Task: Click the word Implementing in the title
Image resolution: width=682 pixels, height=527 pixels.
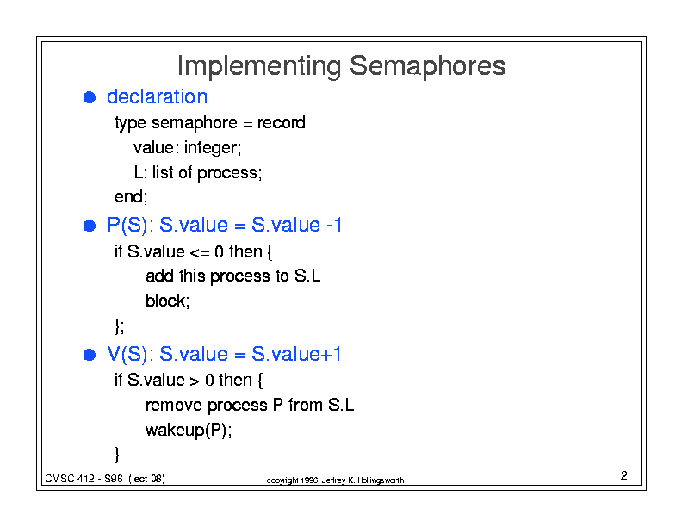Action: point(259,66)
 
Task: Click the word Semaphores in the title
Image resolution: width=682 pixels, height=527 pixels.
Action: point(428,65)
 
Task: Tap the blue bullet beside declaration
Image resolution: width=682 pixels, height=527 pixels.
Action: point(90,97)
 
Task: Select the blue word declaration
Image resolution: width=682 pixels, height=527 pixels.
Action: point(157,96)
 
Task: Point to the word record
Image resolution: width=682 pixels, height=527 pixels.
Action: point(282,122)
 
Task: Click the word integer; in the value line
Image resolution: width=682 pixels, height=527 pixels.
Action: point(213,148)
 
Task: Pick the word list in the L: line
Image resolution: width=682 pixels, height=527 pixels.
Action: point(163,172)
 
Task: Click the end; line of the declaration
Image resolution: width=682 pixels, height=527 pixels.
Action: point(131,197)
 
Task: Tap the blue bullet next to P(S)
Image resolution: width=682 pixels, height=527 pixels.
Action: point(90,226)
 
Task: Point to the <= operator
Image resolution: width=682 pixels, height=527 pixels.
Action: point(200,253)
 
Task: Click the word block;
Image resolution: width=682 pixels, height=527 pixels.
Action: point(167,301)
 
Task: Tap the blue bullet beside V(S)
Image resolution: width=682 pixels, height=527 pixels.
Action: point(90,355)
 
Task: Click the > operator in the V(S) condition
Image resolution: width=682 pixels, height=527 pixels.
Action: point(195,381)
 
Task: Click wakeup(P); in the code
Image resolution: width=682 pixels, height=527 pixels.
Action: point(189,431)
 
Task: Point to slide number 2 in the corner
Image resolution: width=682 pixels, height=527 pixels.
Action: point(624,475)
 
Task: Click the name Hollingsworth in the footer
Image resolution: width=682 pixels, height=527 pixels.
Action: point(381,480)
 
